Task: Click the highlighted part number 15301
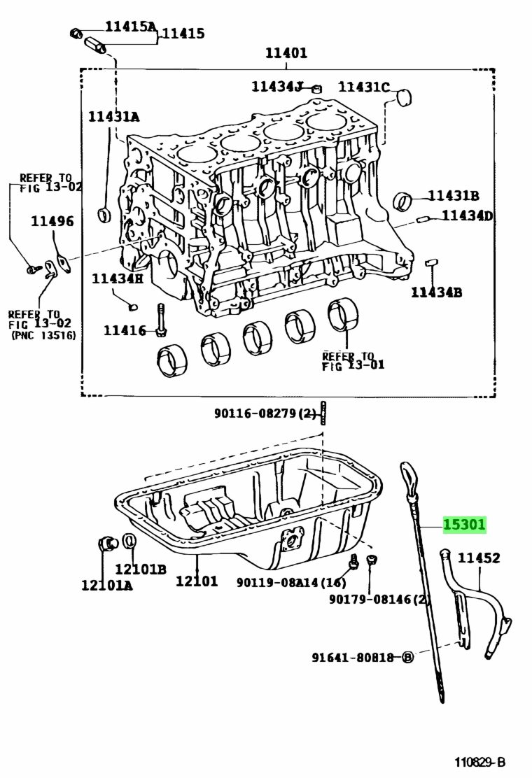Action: [464, 525]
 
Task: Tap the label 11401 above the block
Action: [286, 53]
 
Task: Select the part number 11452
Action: [479, 558]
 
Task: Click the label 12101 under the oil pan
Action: [197, 580]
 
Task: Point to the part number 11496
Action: [52, 222]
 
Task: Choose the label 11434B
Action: [436, 292]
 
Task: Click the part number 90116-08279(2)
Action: [265, 413]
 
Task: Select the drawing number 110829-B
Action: [479, 762]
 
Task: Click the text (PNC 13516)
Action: [43, 336]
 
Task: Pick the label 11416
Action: [125, 330]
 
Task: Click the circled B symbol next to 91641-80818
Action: [407, 657]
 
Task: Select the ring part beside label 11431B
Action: [403, 201]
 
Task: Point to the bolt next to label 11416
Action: [162, 323]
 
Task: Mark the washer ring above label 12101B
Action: [129, 541]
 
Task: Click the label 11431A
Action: [113, 117]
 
